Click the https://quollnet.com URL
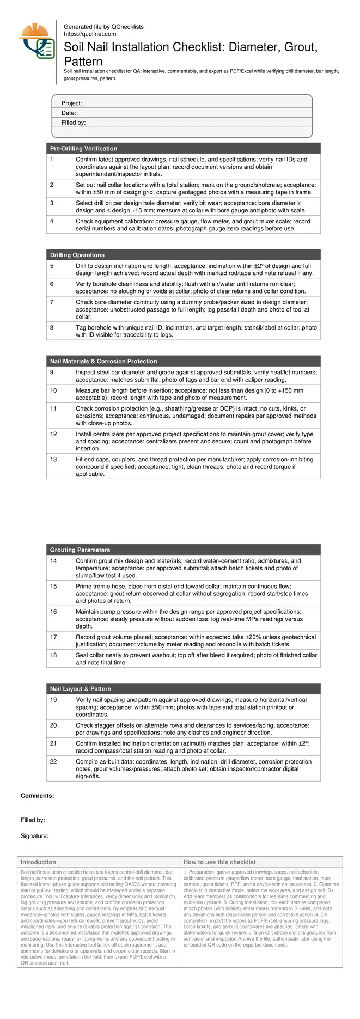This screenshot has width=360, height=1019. (90, 34)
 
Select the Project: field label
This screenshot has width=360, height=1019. (71, 103)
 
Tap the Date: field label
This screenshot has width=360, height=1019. (69, 113)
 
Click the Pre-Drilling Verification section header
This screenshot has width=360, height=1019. (83, 148)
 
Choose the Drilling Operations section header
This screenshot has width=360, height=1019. (77, 255)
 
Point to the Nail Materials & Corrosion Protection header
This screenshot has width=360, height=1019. (103, 361)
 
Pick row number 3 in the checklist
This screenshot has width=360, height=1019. (52, 203)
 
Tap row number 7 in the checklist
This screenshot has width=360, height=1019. (52, 302)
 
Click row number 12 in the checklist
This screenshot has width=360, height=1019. (53, 434)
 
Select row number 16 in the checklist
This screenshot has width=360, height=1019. (53, 612)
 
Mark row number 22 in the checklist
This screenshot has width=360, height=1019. (53, 761)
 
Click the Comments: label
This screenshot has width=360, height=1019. (37, 796)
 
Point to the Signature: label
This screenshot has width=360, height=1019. (34, 836)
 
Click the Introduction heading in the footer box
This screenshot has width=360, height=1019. (38, 862)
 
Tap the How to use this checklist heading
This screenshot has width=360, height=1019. (219, 862)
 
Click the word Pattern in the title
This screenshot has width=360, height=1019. (83, 61)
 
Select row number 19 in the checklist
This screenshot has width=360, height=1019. (53, 700)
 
